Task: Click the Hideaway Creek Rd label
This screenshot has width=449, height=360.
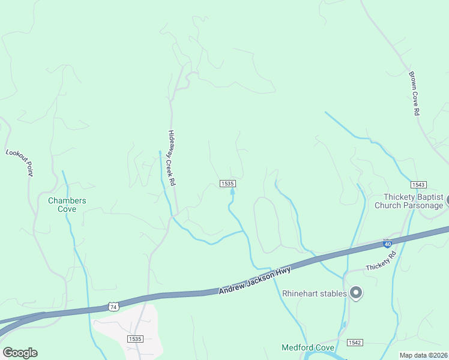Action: (x=172, y=157)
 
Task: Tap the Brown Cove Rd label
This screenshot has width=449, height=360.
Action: (x=414, y=94)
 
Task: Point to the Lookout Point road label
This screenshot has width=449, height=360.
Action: (x=19, y=162)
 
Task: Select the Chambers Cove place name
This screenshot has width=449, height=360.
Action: (x=67, y=205)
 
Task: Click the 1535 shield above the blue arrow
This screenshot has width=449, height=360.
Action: (x=227, y=184)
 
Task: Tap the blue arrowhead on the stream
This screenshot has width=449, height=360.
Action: (x=232, y=191)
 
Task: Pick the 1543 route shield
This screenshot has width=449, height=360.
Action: (x=418, y=185)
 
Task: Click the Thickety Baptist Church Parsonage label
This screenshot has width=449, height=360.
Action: (x=409, y=201)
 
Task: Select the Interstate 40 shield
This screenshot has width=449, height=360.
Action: (x=388, y=244)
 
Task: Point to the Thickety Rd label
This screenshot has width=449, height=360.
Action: (x=381, y=261)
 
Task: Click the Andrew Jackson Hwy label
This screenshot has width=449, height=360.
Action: (x=255, y=281)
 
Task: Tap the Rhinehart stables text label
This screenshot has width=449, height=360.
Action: (x=315, y=293)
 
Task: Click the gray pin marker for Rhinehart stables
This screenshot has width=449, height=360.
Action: (x=356, y=293)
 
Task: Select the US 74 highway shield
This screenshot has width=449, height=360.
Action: (x=113, y=307)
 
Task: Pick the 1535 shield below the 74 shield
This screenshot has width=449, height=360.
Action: (x=135, y=339)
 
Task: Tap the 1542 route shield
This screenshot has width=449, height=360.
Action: (x=355, y=342)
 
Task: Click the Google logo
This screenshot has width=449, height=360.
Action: (x=20, y=353)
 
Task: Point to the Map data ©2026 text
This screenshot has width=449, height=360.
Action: (x=423, y=355)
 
